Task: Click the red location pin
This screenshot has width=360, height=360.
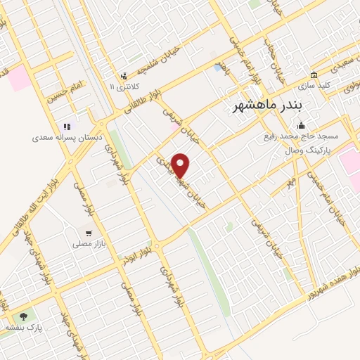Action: click(x=181, y=165)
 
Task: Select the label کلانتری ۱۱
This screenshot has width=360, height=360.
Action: click(x=124, y=86)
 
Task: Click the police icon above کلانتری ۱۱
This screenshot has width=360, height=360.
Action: click(x=124, y=75)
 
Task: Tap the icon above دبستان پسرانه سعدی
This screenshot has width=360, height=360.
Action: click(x=67, y=127)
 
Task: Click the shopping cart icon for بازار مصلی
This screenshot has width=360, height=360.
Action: click(x=89, y=233)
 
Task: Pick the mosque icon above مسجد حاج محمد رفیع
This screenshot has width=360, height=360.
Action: click(x=302, y=127)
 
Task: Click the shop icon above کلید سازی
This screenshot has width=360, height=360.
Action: click(x=314, y=75)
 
